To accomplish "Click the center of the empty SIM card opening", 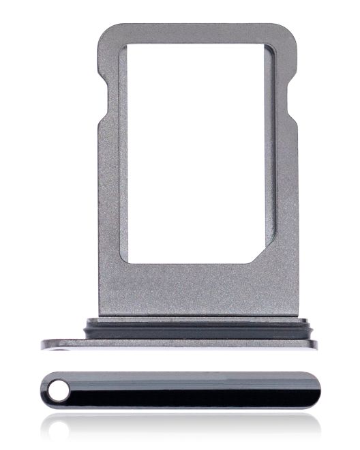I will [x=197, y=153].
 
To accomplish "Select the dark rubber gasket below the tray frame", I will [x=197, y=327].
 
